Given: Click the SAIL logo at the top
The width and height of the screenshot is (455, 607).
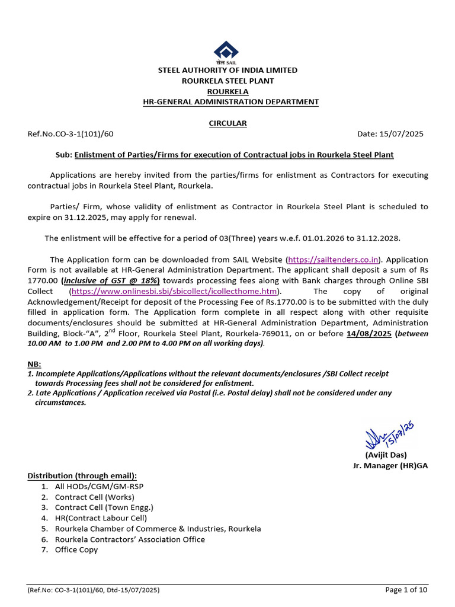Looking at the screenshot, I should pos(227,52).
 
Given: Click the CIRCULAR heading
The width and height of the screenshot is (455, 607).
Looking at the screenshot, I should pos(227,123).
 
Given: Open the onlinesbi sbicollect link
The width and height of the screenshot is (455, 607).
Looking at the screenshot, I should pos(174,292).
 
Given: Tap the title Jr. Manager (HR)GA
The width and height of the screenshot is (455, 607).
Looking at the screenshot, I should pos(390,466).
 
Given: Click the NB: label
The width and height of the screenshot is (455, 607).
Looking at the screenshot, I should pos(34,364).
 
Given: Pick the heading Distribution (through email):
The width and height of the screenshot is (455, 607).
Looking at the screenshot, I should pos(82,476).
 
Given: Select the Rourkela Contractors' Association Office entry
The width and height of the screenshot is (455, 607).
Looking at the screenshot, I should pos(130,539).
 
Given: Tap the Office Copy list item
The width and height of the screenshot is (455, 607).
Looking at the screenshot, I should pos(76,550).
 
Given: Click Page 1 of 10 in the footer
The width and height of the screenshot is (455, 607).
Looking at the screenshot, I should pos(406,590).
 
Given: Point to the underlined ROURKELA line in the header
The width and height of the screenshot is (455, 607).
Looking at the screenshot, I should pos(227,91).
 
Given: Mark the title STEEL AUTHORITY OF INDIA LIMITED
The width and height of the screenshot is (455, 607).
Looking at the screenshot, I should pos(227,70).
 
